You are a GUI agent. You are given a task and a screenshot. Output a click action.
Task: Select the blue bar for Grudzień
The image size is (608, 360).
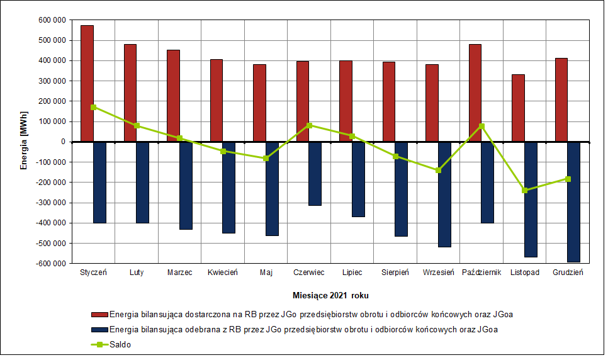[x=573, y=201]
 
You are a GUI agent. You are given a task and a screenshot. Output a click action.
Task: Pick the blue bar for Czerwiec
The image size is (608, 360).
[x=315, y=173]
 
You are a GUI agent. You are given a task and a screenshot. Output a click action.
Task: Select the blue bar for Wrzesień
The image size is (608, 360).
[x=444, y=194]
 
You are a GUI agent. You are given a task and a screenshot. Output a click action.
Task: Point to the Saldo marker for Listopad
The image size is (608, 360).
[x=525, y=190]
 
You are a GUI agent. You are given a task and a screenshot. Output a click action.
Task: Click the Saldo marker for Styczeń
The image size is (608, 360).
[x=94, y=107]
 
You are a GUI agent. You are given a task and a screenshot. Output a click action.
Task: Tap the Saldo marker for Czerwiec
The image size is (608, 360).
[x=309, y=125]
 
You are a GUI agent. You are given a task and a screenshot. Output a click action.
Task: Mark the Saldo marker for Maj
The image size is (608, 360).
[x=266, y=158]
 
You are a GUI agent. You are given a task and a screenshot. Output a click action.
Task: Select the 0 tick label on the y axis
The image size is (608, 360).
[x=64, y=142]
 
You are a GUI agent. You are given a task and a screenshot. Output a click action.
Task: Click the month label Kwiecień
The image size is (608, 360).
[x=223, y=273]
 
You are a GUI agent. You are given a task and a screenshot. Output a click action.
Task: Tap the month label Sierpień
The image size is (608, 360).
[x=395, y=273]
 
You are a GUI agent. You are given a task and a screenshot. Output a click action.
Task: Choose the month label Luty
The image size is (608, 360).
[x=137, y=273]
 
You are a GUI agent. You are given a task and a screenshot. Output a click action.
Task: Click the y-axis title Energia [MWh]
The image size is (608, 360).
[x=23, y=142]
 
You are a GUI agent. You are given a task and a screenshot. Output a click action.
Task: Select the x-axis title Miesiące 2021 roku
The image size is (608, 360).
[x=330, y=295]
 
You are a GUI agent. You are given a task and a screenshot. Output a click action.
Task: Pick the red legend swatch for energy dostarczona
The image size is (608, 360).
[x=99, y=313]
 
